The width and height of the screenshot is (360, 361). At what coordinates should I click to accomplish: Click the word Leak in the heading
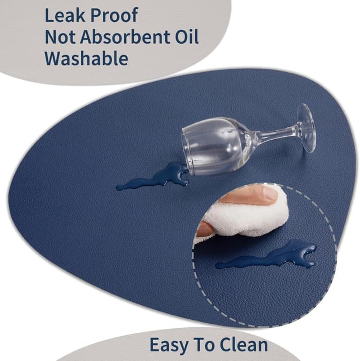65,15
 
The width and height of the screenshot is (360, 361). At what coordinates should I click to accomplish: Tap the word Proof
114,15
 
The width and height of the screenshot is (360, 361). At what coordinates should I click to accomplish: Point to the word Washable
86,59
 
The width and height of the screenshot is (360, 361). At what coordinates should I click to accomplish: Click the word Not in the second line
60,37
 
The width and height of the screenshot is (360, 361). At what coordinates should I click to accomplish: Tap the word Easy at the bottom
170,345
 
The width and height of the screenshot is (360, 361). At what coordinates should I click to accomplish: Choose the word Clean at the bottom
244,345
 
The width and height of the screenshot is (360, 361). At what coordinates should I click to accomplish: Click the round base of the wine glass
307,128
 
